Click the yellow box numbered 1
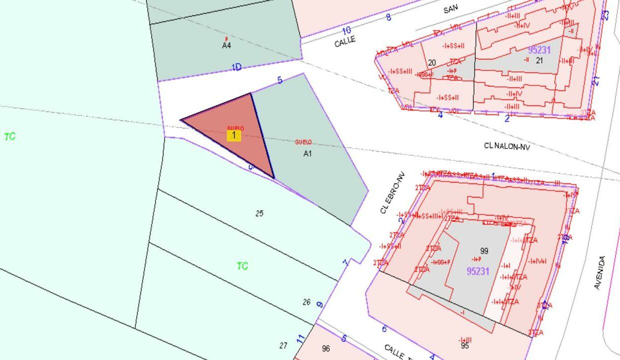(233, 135)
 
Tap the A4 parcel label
(226, 45)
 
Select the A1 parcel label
(307, 153)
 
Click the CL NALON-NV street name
(506, 146)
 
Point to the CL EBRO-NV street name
(392, 193)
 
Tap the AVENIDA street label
(599, 272)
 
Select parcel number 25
(259, 213)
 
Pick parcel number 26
(306, 302)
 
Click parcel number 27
(283, 345)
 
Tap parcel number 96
(326, 348)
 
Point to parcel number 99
(483, 251)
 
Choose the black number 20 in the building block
(432, 63)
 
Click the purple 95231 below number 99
(478, 271)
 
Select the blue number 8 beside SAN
(388, 17)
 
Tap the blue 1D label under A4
(236, 67)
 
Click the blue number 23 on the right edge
(605, 15)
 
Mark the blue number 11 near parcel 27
(300, 339)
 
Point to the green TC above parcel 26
(242, 266)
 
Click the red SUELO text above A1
(303, 142)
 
